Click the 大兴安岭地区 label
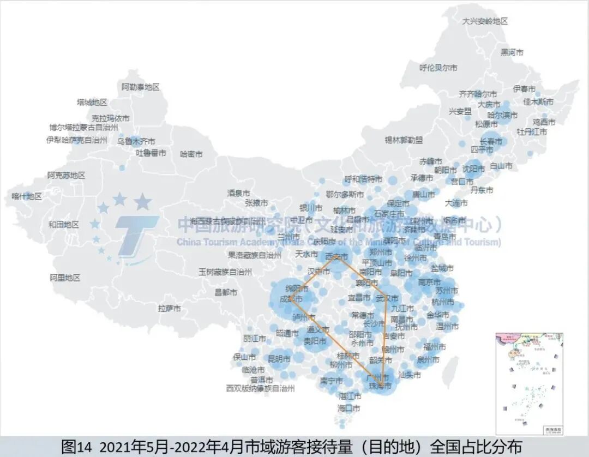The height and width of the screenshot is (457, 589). [x=485, y=21]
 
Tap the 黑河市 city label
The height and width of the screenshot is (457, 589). [x=512, y=52]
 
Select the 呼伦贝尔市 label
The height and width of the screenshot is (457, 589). [x=438, y=68]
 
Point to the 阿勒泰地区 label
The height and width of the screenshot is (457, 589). [x=140, y=87]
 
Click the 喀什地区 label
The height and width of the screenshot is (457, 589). [x=27, y=196]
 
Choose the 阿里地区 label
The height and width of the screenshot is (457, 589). [x=65, y=278]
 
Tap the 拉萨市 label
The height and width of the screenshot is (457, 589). [x=170, y=309]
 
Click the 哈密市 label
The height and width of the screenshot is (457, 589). [x=191, y=154]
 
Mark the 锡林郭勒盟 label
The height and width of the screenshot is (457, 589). [x=404, y=140]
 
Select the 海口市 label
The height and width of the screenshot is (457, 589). [x=349, y=408]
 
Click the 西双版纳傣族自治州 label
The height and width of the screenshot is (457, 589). [x=260, y=389]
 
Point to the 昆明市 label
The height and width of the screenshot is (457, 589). [x=279, y=359]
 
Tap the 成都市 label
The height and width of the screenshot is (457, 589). [x=291, y=299]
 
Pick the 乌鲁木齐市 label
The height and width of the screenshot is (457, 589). [x=136, y=141]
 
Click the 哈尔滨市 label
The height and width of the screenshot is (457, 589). [x=502, y=115]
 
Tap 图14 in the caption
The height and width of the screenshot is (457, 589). [x=77, y=446]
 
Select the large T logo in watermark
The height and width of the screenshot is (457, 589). [x=134, y=234]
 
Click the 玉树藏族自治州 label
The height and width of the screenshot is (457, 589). [x=225, y=272]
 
